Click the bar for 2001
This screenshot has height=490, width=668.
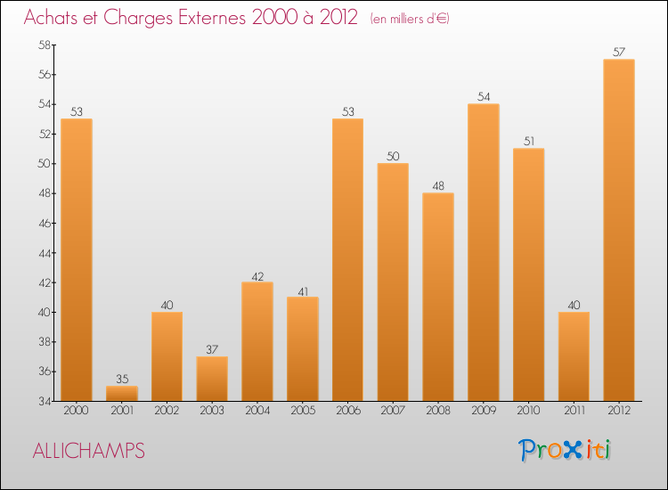[x=122, y=393]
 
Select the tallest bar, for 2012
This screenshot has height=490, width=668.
[x=618, y=230]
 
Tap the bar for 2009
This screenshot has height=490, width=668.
[x=483, y=252]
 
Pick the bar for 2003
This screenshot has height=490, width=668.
[x=212, y=379]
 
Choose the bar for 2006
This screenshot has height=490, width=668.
[x=347, y=259]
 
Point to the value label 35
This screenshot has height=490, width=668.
[x=122, y=380]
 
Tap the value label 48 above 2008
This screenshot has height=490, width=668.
[x=438, y=186]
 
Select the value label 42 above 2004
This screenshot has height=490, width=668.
[x=257, y=275]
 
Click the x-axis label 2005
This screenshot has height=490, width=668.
[x=302, y=411]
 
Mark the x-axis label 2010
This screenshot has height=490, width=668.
[x=528, y=411]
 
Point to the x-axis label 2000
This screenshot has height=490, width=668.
[x=77, y=411]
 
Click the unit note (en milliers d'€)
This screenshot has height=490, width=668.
[x=410, y=20]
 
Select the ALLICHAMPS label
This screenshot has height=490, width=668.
[x=88, y=451]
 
